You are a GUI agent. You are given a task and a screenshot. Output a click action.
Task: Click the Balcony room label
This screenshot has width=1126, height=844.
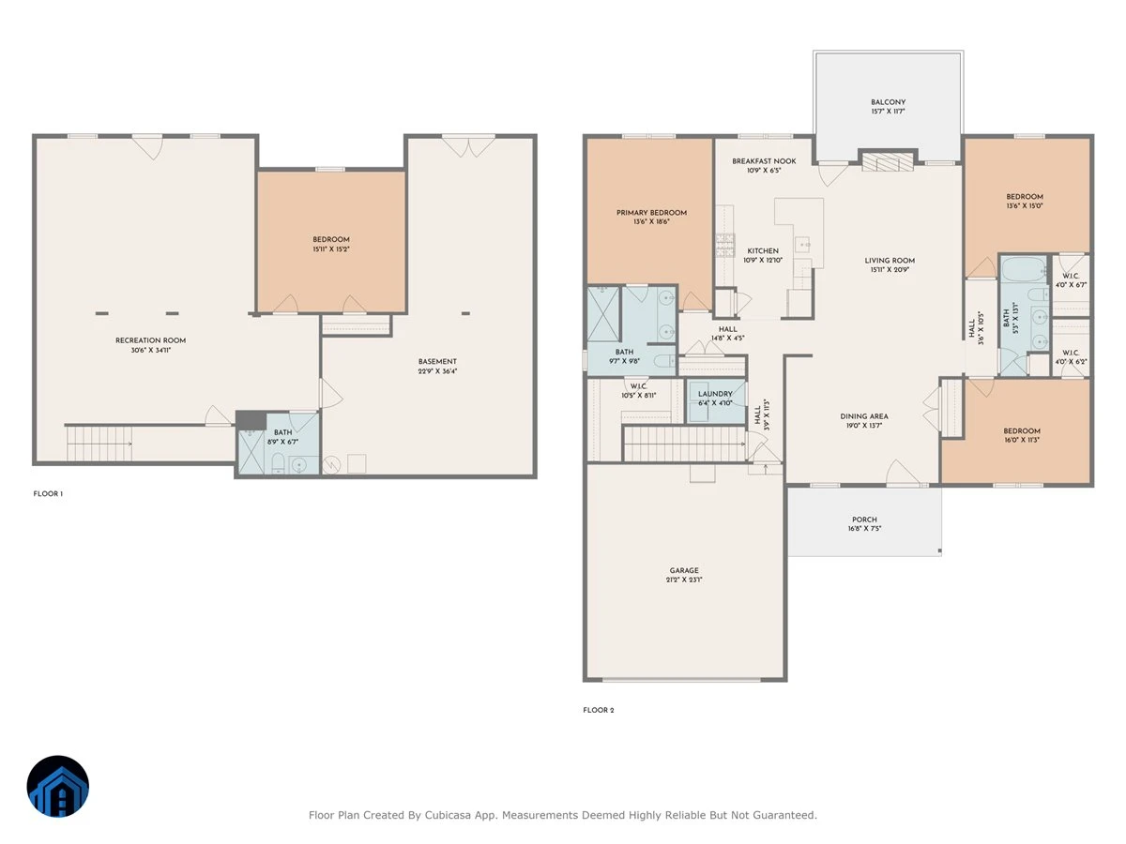[888, 102]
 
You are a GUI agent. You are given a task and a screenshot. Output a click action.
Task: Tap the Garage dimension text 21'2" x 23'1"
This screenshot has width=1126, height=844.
[684, 580]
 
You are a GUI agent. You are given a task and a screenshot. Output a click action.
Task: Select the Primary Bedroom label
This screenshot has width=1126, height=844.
[651, 212]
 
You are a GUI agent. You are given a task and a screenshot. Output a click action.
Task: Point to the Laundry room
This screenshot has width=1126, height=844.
[716, 401]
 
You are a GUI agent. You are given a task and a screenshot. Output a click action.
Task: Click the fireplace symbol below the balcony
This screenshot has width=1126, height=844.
[888, 159]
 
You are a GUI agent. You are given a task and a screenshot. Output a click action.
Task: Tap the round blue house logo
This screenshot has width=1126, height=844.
[58, 786]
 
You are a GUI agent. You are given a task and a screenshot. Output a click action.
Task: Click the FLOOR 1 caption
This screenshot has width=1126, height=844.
[48, 493]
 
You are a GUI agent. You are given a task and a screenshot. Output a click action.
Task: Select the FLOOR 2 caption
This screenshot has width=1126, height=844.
[598, 710]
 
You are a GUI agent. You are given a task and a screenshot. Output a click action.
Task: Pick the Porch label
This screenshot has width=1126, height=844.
[864, 520]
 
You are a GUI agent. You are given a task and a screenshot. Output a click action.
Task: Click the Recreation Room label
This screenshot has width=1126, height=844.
[150, 340]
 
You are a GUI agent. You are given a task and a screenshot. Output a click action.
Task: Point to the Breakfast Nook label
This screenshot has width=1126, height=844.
[764, 161]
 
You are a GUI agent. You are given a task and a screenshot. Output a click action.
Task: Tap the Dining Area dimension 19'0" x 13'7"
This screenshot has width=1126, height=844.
[864, 426]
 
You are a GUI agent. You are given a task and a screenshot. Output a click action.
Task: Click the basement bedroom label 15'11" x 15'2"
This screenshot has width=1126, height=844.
[331, 249]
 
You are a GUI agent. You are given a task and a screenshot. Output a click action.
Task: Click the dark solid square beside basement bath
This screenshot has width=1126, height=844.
[251, 420]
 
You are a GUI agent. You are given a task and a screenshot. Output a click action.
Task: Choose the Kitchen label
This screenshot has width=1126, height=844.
[763, 250]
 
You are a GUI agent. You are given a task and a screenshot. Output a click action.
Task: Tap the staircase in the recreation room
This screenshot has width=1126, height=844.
[99, 444]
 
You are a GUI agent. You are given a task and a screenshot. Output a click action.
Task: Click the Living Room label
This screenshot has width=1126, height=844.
[890, 261]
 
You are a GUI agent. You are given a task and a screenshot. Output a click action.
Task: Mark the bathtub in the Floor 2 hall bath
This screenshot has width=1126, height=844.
[1024, 269]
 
